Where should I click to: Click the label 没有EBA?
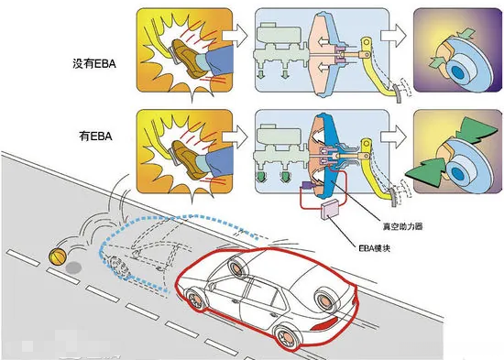tap(94, 63)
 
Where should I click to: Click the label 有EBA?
tap(96, 136)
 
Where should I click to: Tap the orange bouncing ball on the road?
tap(58, 256)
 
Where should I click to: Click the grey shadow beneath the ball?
tap(73, 267)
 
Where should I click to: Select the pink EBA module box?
tap(331, 209)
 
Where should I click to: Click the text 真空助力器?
tap(402, 226)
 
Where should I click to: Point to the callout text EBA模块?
tap(375, 248)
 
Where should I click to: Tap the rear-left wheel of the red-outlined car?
tap(287, 336)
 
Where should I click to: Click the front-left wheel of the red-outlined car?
tap(195, 300)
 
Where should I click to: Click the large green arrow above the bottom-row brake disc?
tap(475, 130)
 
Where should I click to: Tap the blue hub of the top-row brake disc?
tap(458, 72)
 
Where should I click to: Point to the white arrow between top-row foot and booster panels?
tap(235, 36)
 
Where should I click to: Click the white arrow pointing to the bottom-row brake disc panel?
tap(393, 136)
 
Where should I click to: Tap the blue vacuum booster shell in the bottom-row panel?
tap(331, 151)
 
